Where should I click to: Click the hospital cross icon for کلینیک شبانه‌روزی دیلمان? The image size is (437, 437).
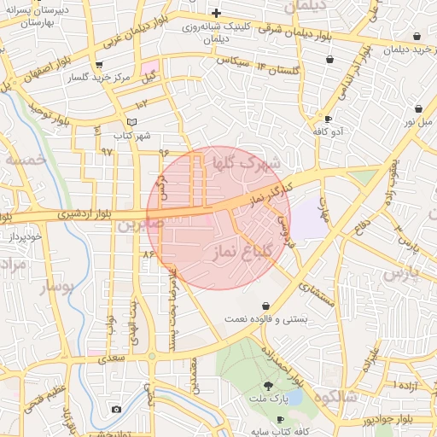217,13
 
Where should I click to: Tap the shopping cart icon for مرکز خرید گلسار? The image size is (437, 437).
100,65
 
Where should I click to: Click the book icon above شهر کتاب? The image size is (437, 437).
131,122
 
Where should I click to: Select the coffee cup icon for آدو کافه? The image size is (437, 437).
328,119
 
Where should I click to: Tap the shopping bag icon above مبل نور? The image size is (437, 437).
418,108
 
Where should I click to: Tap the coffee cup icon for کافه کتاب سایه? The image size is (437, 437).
280,419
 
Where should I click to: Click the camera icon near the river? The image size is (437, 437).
116,409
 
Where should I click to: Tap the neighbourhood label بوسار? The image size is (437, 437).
57,287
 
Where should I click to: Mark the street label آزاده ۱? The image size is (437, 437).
405,386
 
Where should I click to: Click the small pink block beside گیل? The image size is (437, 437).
150,67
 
